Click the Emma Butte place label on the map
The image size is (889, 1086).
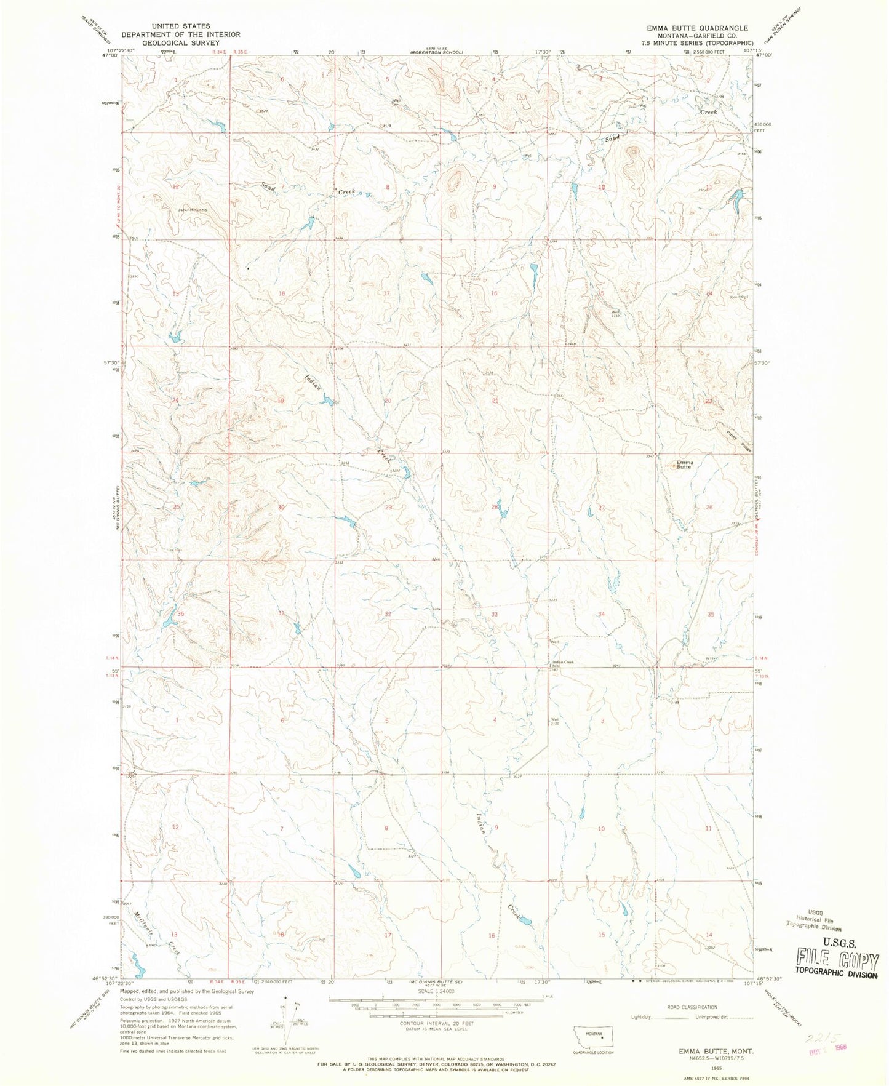(684, 465)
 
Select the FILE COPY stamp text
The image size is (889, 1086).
(837, 957)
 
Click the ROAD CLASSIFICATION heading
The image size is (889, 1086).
(692, 1007)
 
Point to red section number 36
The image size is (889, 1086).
(180, 614)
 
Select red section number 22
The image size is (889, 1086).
(601, 401)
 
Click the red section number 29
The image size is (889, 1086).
(388, 508)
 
